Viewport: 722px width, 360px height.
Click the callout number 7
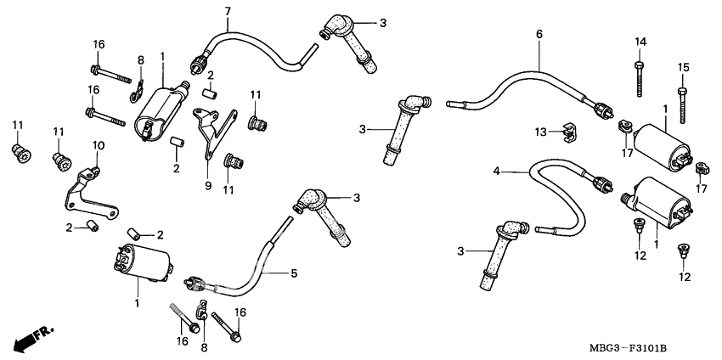click(x=204, y=9)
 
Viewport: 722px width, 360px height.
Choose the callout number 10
click(x=98, y=145)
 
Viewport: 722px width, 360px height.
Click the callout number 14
click(x=640, y=42)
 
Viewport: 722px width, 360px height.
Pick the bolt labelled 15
click(x=681, y=101)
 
